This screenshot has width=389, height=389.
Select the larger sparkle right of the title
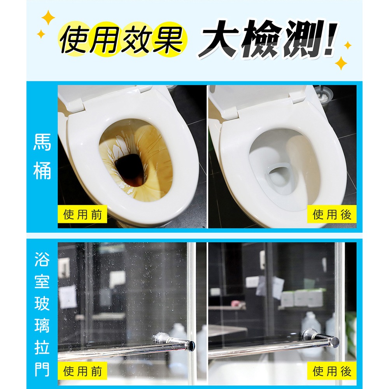click(x=341, y=62)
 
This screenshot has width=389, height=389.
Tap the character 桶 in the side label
click(x=42, y=171)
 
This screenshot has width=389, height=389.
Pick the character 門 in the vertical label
click(x=42, y=368)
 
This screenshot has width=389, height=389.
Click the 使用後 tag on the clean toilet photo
click(x=332, y=214)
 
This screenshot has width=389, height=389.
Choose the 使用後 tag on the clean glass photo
click(x=332, y=371)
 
